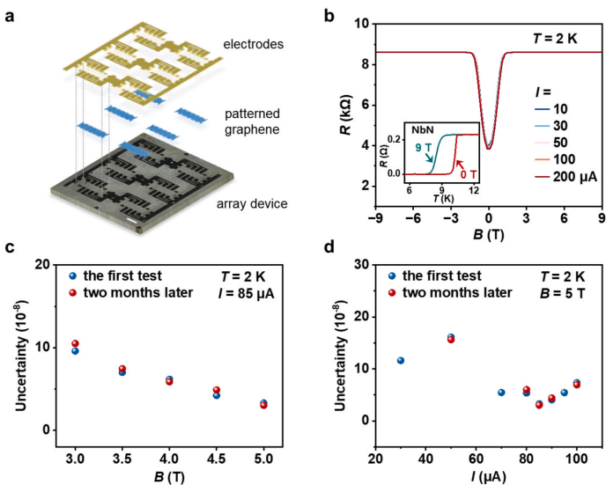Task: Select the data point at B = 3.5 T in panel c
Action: pos(122,371)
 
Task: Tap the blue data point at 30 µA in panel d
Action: pos(401,360)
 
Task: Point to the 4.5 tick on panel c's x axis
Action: pos(217,459)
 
